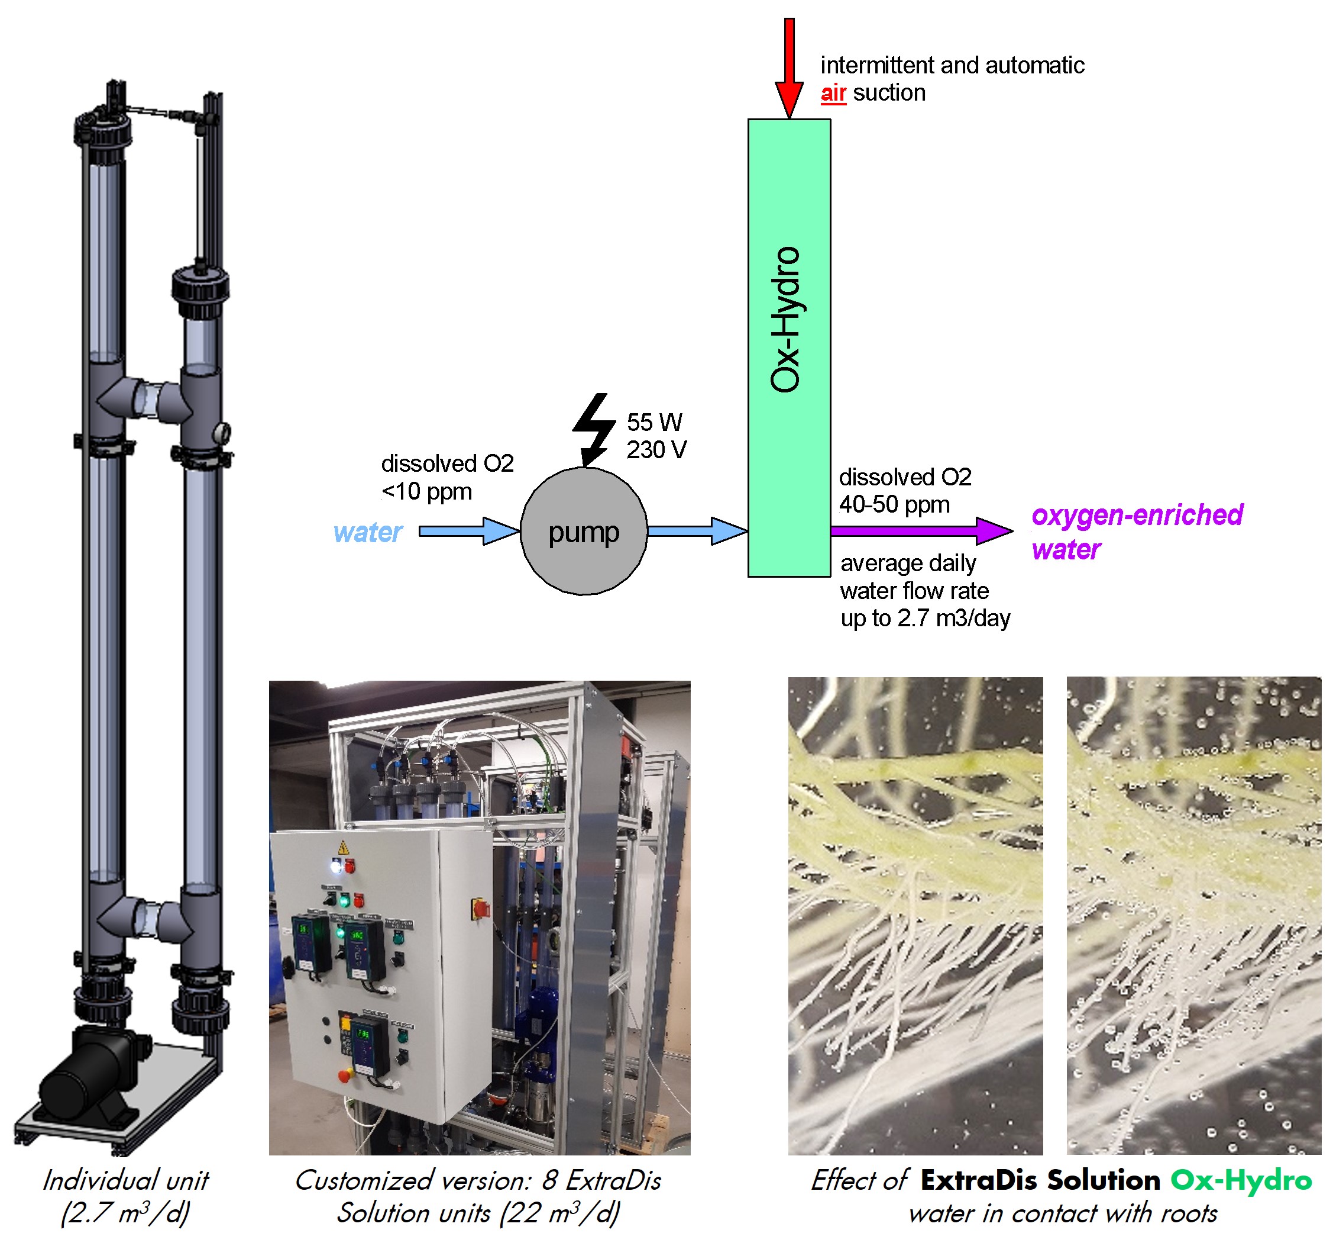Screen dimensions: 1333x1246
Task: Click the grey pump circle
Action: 584,531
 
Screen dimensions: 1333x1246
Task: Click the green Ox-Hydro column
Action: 789,347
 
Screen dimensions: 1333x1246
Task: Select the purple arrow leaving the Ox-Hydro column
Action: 921,531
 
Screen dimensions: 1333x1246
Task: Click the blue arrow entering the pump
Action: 470,532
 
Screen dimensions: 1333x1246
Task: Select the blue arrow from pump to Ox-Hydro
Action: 697,532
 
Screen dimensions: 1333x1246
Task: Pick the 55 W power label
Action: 655,422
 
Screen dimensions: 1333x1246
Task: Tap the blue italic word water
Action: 367,532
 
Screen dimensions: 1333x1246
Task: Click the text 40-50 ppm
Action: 894,504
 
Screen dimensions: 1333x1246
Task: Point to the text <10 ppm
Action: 426,491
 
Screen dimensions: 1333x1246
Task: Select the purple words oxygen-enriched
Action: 1137,514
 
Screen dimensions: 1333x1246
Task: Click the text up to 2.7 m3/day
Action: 926,618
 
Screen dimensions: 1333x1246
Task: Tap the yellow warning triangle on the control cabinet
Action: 344,847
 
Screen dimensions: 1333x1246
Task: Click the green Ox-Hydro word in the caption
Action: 1241,1180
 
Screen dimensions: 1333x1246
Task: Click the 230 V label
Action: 656,449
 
